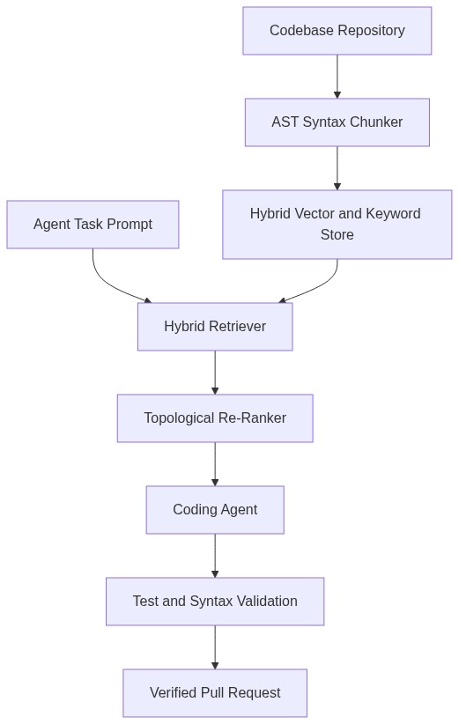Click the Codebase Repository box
(x=337, y=31)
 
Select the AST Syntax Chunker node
(x=337, y=122)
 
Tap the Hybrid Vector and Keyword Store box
(x=337, y=225)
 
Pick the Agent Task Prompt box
(x=93, y=225)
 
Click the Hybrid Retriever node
(x=215, y=327)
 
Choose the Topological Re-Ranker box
(x=215, y=418)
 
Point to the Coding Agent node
(x=215, y=510)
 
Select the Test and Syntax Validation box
(x=215, y=602)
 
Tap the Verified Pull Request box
(x=215, y=693)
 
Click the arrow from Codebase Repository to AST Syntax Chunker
(x=337, y=77)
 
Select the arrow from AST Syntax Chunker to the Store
(x=337, y=168)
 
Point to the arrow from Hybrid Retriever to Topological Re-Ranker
(x=215, y=373)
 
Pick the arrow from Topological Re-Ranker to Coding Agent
(x=215, y=464)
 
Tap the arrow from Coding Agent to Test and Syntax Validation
(x=215, y=556)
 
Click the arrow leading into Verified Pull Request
(x=215, y=647)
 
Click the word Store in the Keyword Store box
(x=337, y=234)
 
